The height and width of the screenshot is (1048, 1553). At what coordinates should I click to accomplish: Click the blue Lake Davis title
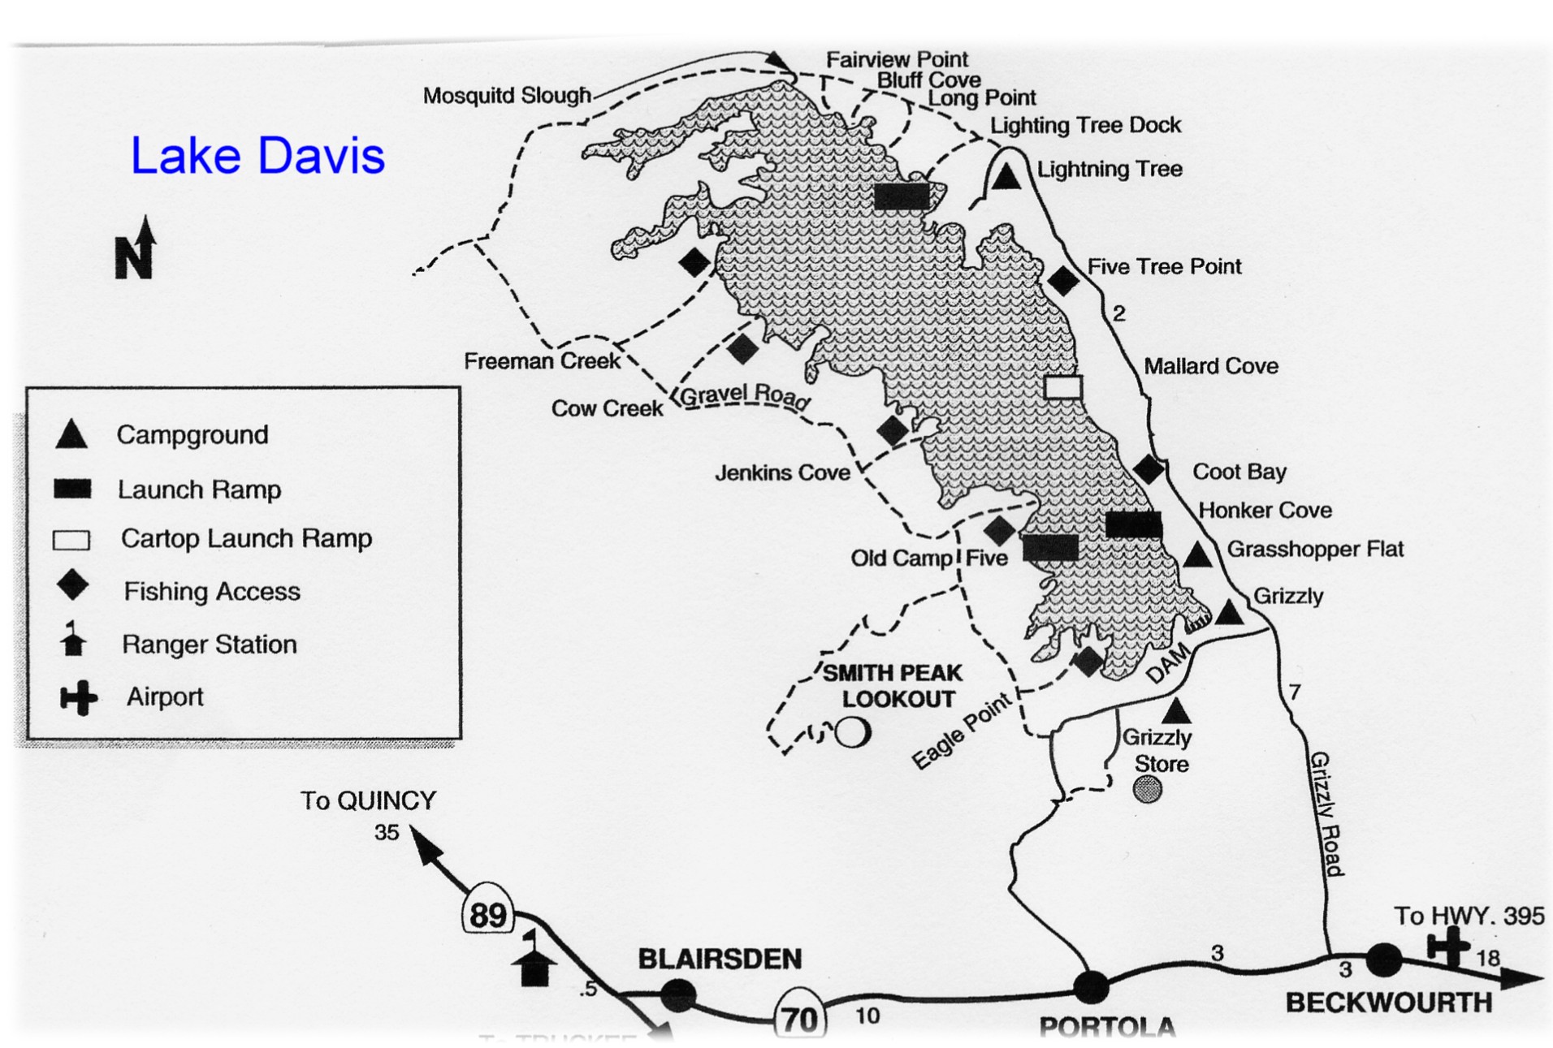257,156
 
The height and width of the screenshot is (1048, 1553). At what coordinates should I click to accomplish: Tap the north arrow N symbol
136,250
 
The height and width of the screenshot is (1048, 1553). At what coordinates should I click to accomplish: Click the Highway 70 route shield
799,1018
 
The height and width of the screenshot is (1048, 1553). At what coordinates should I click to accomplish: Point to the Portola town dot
1090,986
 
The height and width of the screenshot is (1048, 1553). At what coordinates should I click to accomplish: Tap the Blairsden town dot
678,994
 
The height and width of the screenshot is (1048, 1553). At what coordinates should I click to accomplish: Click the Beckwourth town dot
1384,960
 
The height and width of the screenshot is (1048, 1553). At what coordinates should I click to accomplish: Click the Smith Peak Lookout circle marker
853,731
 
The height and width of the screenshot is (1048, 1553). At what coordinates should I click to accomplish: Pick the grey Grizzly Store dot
1147,788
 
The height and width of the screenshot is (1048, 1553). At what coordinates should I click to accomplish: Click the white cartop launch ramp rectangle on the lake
1062,387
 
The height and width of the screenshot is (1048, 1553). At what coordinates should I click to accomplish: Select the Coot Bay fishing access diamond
1149,468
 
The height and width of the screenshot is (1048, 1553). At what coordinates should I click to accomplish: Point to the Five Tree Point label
1163,266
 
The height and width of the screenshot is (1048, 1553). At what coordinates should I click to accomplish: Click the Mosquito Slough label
507,96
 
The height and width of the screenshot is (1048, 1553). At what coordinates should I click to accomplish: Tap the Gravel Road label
744,395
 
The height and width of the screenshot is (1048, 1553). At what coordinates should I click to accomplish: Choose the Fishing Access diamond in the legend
73,585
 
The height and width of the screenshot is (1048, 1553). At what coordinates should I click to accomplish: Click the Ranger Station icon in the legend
73,640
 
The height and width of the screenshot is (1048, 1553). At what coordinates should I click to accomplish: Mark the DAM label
1168,663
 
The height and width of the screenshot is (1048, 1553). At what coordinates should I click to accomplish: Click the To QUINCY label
368,800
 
